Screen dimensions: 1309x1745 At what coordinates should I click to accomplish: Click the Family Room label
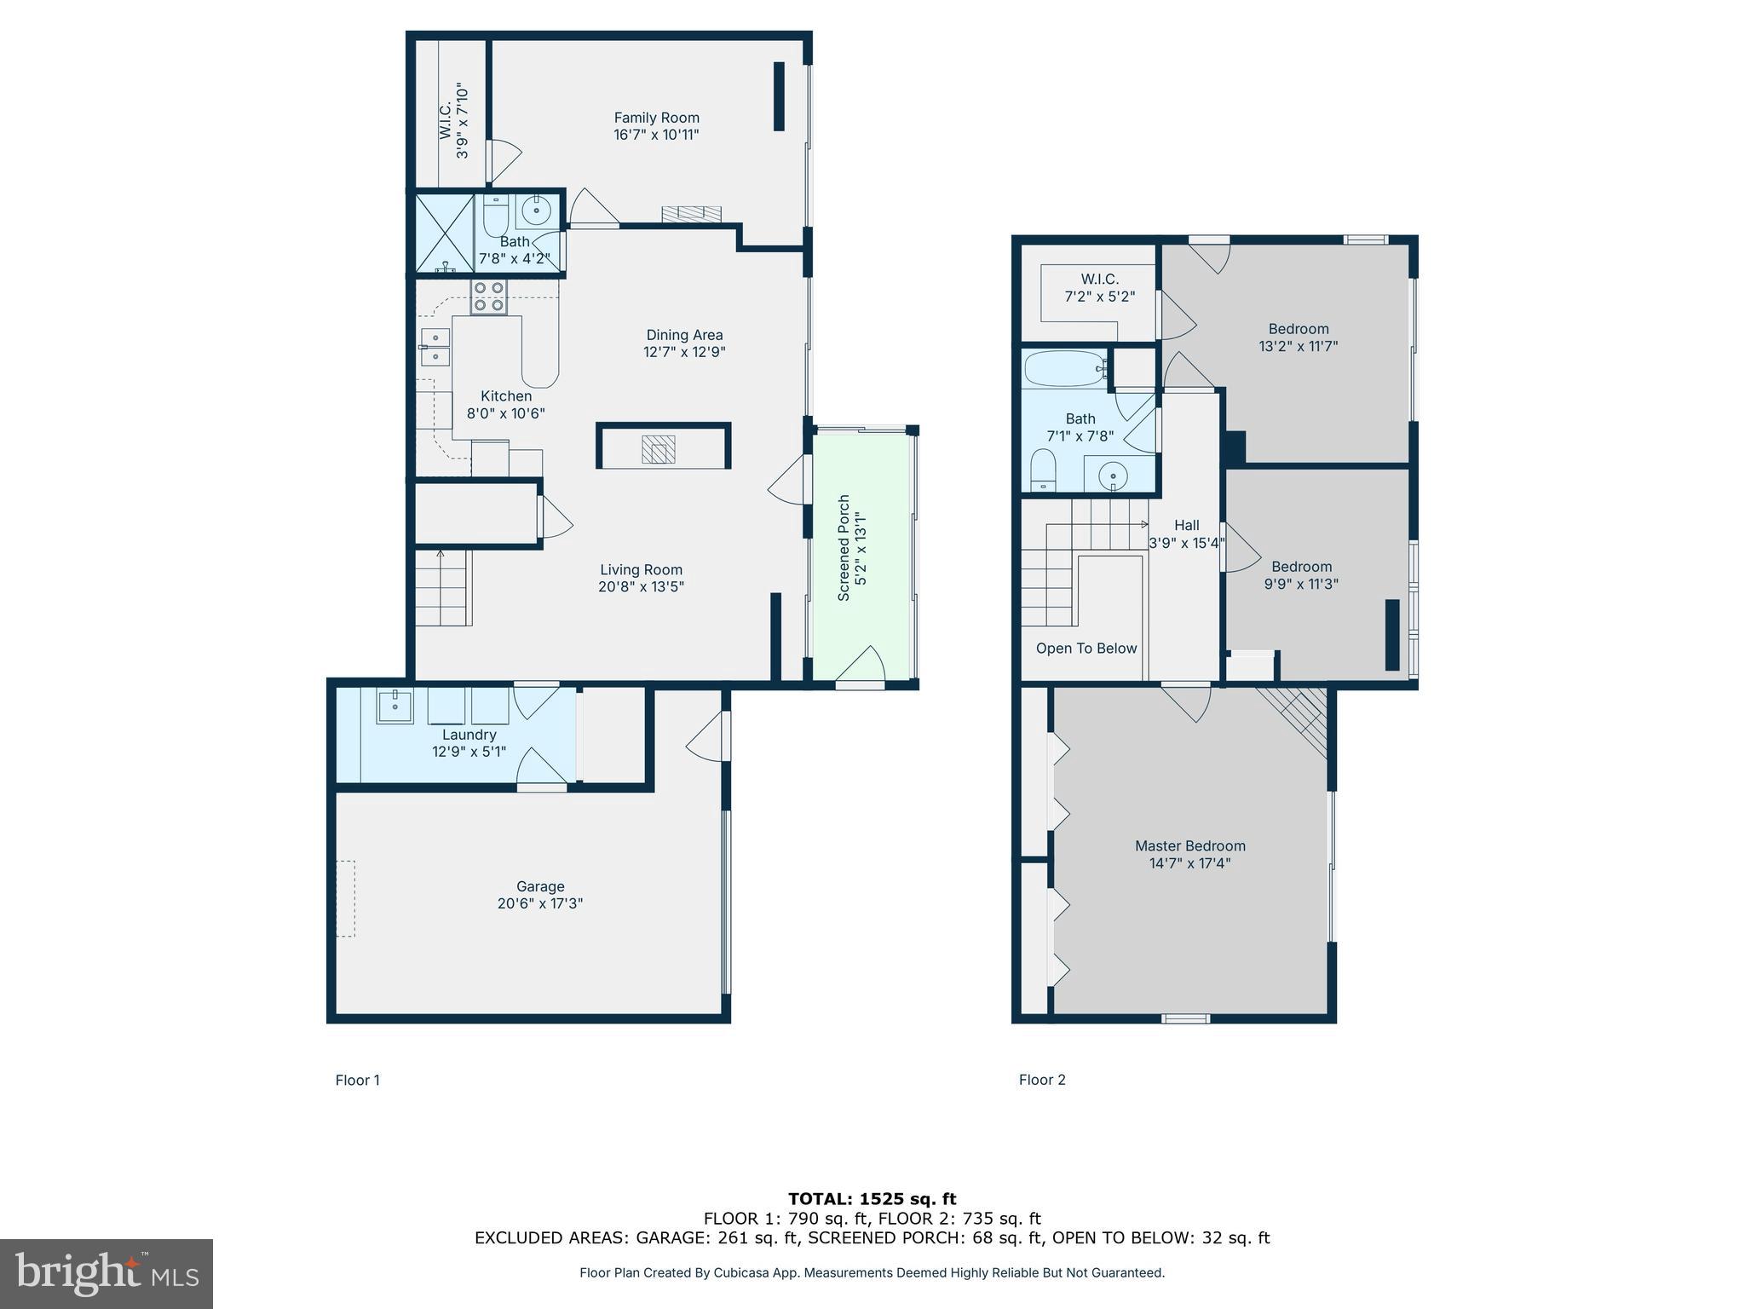click(656, 118)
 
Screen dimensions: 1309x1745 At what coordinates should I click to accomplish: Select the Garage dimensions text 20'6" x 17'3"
click(539, 903)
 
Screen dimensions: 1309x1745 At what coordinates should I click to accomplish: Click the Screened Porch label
click(844, 548)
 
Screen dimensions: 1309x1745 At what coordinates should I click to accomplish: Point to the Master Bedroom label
click(1189, 845)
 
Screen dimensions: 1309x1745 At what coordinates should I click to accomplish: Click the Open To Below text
click(1086, 649)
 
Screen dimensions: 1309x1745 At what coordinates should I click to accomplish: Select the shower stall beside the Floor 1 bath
click(444, 233)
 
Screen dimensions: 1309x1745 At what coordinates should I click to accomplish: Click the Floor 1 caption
click(357, 1080)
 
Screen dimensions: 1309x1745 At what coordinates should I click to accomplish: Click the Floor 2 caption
click(1041, 1080)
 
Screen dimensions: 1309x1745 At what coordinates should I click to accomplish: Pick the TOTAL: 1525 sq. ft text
click(872, 1199)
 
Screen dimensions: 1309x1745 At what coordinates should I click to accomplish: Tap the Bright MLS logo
click(107, 1274)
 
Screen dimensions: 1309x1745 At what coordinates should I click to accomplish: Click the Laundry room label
click(469, 735)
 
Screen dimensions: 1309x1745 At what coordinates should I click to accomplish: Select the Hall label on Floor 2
click(1186, 525)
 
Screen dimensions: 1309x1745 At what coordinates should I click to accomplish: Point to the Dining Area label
click(684, 335)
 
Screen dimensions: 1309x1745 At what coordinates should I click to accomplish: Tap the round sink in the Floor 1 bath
click(536, 210)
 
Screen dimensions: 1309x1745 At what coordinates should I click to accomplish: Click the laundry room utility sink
click(394, 706)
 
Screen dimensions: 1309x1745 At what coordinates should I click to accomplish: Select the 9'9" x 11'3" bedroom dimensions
click(1300, 584)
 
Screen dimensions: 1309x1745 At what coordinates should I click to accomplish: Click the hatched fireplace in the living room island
click(658, 449)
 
